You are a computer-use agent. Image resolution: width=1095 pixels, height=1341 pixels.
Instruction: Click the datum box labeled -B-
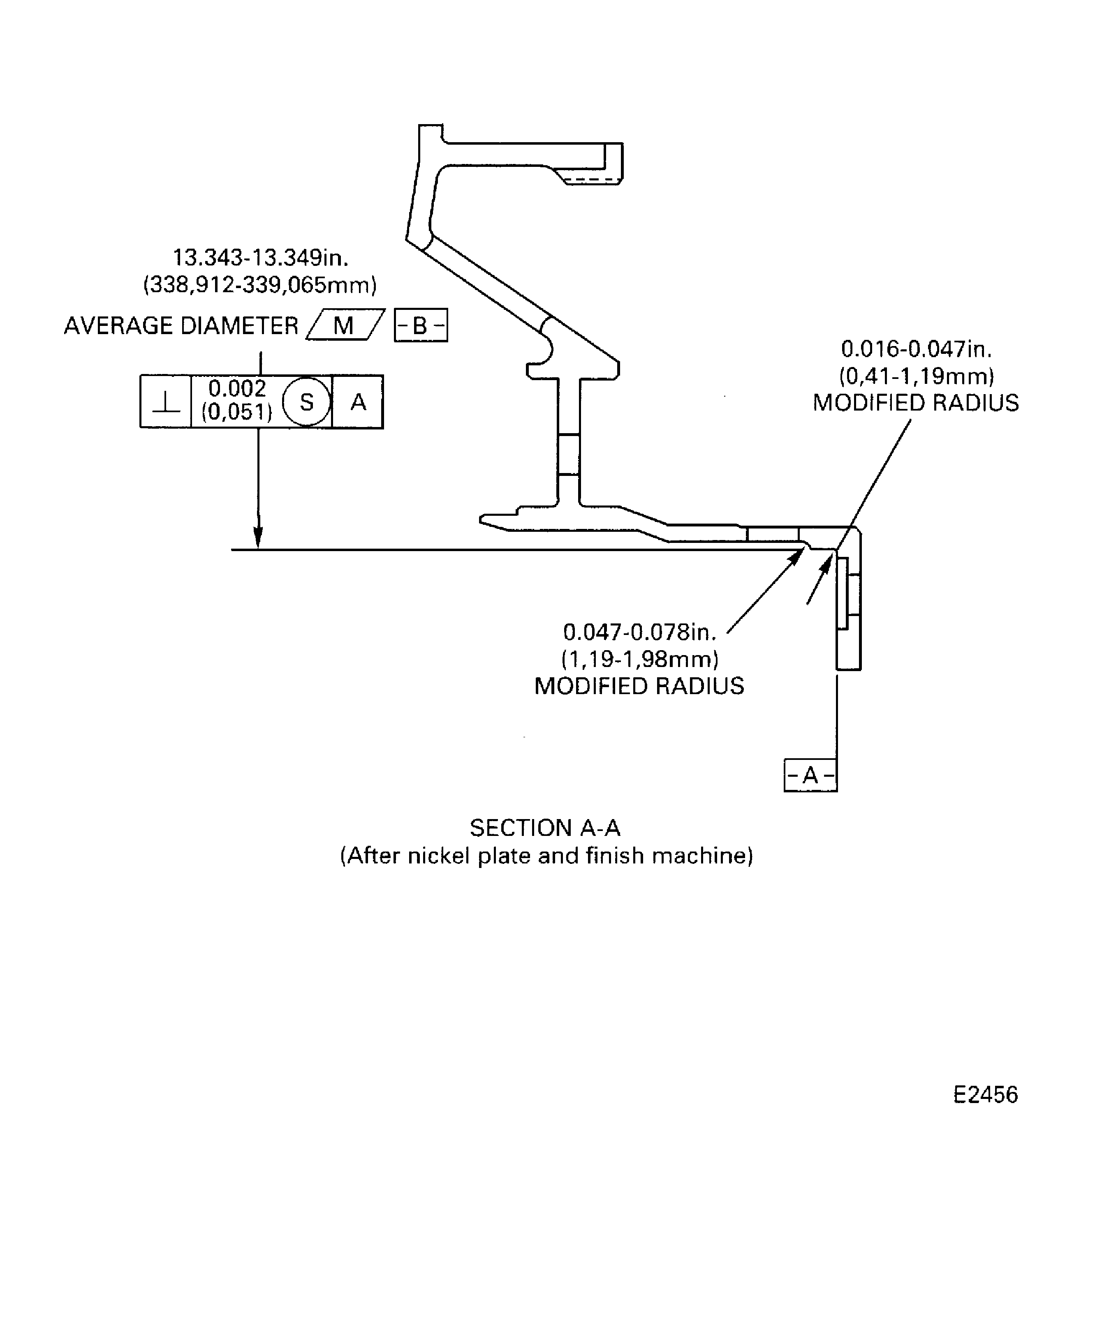421,325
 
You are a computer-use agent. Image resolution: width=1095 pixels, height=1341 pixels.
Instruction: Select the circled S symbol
307,402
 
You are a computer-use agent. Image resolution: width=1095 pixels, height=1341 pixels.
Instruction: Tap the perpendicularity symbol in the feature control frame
166,402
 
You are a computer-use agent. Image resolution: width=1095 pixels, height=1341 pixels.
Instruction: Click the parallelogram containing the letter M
345,325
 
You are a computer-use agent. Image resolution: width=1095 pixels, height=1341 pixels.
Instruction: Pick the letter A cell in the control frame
358,402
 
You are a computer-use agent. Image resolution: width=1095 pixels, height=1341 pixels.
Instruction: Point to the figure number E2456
985,1094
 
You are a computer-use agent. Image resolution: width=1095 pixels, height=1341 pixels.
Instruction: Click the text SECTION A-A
545,828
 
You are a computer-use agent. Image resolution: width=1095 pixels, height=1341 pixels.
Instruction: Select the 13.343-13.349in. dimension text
261,258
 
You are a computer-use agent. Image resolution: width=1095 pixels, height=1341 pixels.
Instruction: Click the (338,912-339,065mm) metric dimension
260,285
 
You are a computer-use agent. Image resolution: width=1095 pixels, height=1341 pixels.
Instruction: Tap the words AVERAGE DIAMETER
181,326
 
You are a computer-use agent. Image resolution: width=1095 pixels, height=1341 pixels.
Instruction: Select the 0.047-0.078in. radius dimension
639,632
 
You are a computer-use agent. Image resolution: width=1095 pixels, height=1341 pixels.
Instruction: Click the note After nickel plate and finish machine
546,856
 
